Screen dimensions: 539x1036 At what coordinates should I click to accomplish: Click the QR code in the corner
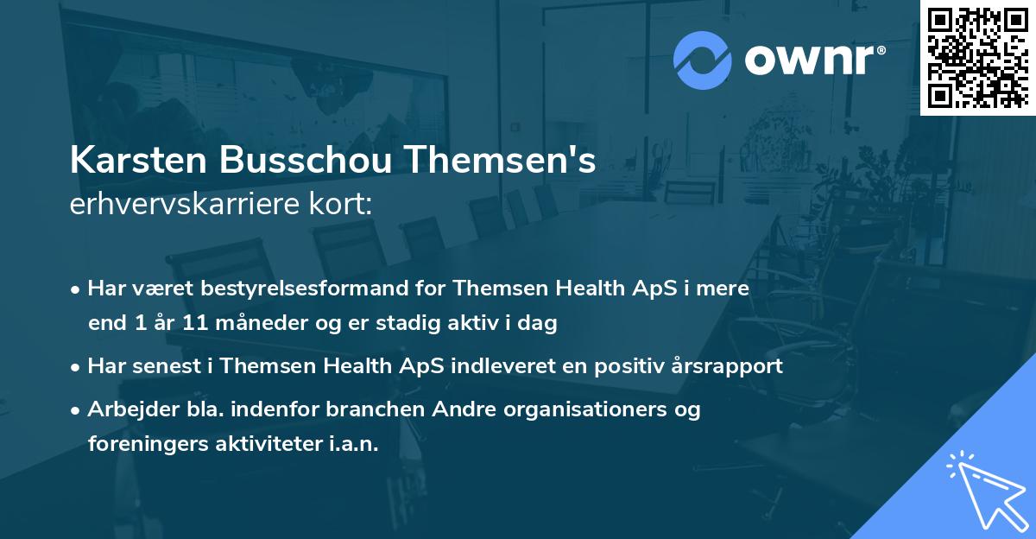978,56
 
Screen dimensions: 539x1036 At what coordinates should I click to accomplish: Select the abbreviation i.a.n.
348,444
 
